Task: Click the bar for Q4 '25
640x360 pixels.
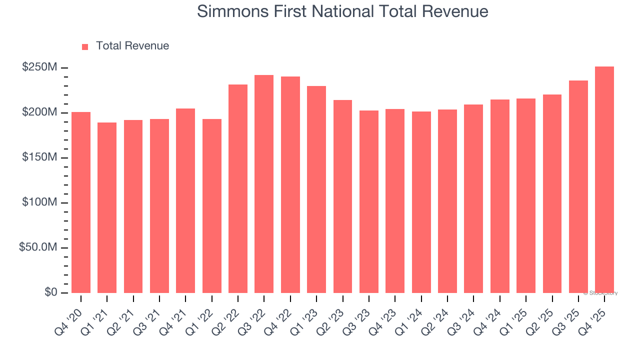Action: tap(604, 180)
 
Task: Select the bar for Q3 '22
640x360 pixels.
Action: tap(264, 184)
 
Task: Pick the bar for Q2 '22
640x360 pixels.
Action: tap(238, 188)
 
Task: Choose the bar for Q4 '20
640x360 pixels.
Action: tap(81, 202)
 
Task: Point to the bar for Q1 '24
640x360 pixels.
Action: tap(421, 202)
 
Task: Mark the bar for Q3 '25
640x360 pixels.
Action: tap(578, 186)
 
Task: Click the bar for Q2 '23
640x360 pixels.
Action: tap(342, 196)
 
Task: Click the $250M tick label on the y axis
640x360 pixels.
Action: tap(39, 67)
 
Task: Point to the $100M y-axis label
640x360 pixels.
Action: tap(39, 202)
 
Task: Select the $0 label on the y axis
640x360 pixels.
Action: tap(50, 292)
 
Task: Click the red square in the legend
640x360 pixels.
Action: tap(85, 46)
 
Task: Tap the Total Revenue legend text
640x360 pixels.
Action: tap(132, 46)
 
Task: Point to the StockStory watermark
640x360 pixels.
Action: tap(600, 293)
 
